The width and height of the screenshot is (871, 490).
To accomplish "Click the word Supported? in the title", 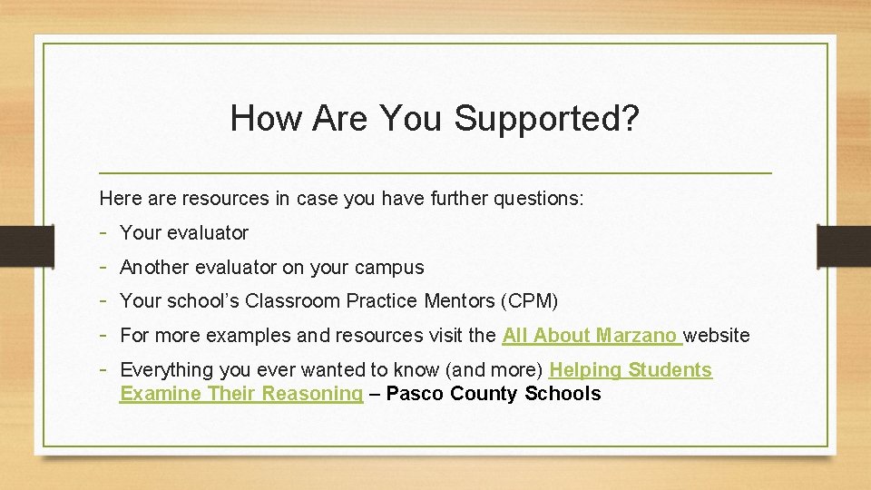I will [x=547, y=119].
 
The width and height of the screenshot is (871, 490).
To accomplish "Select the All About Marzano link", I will [x=591, y=336].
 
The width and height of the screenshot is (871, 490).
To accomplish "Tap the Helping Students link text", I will [x=631, y=370].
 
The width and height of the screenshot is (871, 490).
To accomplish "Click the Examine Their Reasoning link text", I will [x=241, y=394].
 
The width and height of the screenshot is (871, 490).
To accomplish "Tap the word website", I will [x=717, y=336].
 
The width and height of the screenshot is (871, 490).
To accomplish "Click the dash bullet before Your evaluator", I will [x=105, y=232].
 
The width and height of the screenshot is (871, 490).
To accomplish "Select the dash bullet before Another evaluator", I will [x=105, y=267].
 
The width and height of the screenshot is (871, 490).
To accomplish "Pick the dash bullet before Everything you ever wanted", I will [x=105, y=369].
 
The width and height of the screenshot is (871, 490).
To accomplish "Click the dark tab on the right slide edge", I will [x=843, y=247].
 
